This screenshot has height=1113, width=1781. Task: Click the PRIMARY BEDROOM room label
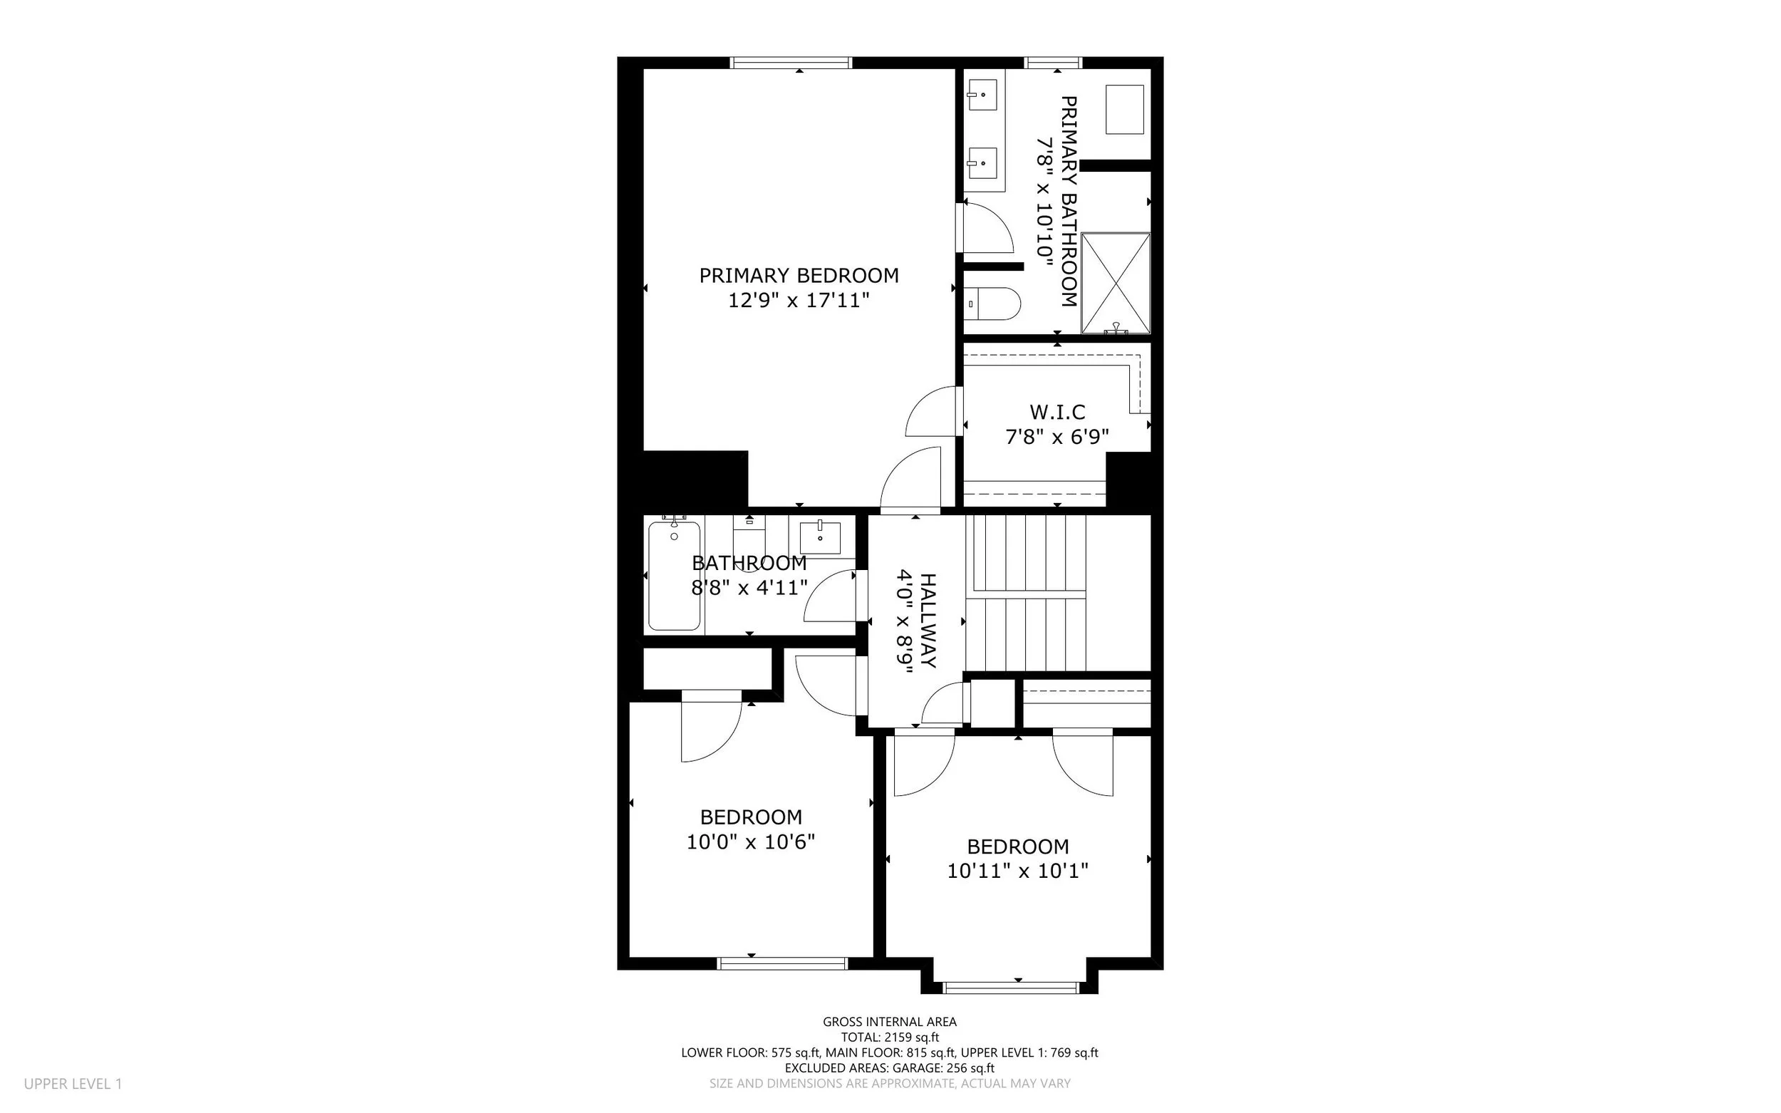[x=799, y=275]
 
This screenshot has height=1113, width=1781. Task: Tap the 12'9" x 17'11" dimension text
[x=799, y=300]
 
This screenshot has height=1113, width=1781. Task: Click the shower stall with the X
[x=1115, y=284]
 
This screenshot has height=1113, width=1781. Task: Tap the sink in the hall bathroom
[x=820, y=537]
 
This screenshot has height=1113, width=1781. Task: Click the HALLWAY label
[x=928, y=621]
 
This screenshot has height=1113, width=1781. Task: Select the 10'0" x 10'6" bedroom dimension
[x=751, y=842]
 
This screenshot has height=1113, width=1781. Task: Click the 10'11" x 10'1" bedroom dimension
[x=1017, y=871]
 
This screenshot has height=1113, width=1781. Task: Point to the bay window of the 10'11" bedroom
[x=1010, y=987]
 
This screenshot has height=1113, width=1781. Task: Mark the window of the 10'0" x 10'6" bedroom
[x=782, y=963]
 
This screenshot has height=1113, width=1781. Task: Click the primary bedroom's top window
[x=791, y=63]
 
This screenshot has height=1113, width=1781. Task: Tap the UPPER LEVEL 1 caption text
[x=73, y=1084]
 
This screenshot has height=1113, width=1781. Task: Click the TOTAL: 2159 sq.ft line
[x=890, y=1037]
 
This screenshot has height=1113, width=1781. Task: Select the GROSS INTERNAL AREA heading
[x=890, y=1022]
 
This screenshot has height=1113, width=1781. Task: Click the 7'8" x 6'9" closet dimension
[x=1056, y=438]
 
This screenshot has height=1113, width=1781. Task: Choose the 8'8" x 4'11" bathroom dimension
[x=749, y=588]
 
